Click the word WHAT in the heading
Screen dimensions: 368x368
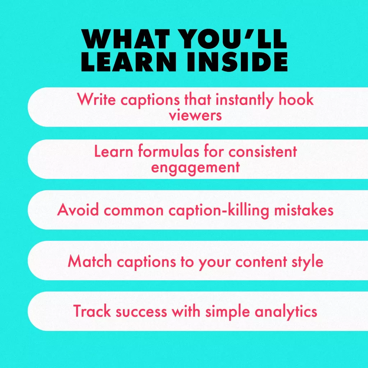coord(125,39)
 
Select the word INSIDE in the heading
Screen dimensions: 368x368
coord(237,61)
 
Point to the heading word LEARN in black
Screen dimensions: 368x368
coord(129,61)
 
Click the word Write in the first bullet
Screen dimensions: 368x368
coord(96,99)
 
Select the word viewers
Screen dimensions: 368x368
coord(195,115)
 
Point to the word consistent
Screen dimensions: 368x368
coord(263,151)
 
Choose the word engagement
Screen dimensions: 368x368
coord(195,167)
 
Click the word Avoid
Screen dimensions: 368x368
coord(78,210)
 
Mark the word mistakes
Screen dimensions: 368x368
coord(304,210)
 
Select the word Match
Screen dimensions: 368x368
coord(89,261)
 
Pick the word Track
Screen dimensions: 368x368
coord(92,311)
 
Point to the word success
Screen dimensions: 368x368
coord(141,312)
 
